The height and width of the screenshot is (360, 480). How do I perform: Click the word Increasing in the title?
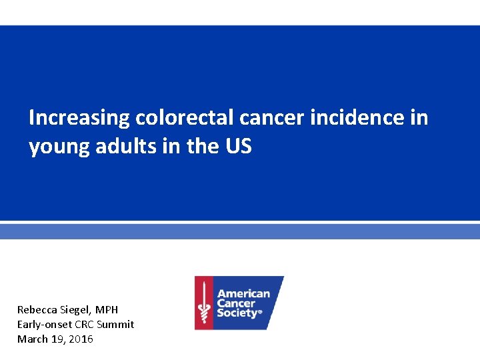[x=79, y=119]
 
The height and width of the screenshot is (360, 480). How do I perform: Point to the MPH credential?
[x=107, y=310]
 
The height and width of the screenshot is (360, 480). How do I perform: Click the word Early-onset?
[x=44, y=325]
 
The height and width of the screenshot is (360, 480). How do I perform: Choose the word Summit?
[x=115, y=325]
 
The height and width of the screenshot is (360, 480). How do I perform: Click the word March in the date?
[x=32, y=339]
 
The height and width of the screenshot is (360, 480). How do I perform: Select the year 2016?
[x=81, y=339]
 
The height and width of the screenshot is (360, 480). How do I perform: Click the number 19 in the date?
[x=57, y=339]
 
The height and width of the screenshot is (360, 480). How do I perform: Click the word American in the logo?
[x=244, y=293]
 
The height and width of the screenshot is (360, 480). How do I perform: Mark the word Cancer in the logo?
[x=237, y=303]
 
